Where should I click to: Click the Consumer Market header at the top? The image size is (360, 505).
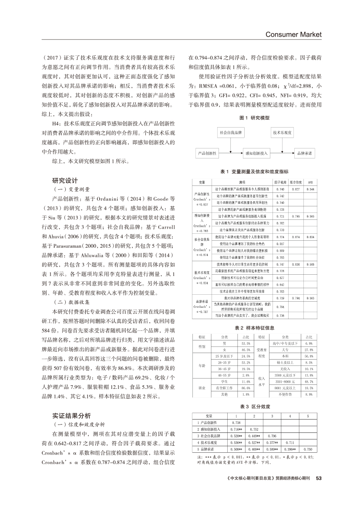[293, 34]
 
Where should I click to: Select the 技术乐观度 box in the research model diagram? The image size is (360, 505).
[282, 132]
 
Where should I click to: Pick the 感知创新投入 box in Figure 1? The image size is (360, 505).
[257, 154]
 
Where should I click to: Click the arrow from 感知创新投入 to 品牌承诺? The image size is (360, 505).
[282, 154]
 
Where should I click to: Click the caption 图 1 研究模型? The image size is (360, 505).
[255, 118]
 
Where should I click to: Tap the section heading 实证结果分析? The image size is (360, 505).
[72, 415]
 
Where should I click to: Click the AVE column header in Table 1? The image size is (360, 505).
[310, 182]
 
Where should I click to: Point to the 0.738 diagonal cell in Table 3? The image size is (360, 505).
[236, 423]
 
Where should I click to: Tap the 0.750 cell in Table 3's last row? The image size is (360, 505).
[307, 449]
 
